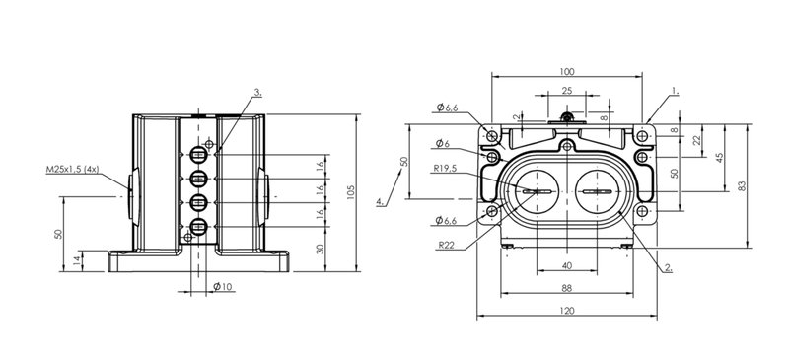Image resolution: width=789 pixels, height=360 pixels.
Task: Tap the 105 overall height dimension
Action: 351,192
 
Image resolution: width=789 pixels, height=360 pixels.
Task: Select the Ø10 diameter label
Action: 223,286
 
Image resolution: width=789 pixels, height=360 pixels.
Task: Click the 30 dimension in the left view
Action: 320,249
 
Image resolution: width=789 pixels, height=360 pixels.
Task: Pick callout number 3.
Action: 257,92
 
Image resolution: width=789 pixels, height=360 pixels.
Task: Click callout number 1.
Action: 676,92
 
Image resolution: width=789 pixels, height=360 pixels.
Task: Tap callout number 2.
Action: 669,268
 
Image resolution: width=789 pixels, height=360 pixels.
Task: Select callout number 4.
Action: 382,201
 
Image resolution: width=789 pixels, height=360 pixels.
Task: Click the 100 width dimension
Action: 566,71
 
